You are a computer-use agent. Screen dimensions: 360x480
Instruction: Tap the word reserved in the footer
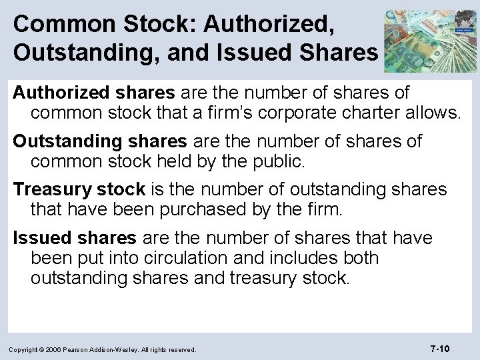[x=180, y=349]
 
